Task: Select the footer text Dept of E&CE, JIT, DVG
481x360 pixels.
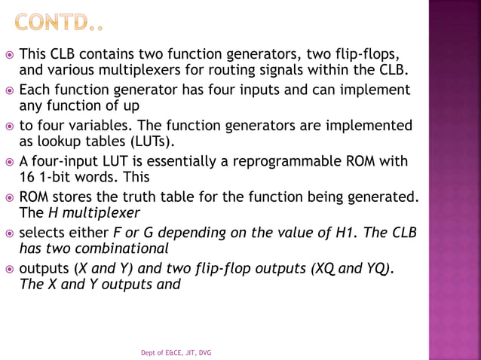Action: coord(176,352)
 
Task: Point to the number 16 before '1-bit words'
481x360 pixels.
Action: coord(26,178)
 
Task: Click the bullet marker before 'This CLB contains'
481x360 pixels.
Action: coord(9,55)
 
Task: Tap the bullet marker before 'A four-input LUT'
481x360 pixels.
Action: coord(9,161)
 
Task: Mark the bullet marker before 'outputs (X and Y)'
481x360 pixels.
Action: coord(9,267)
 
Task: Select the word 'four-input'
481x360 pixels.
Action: coord(65,161)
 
